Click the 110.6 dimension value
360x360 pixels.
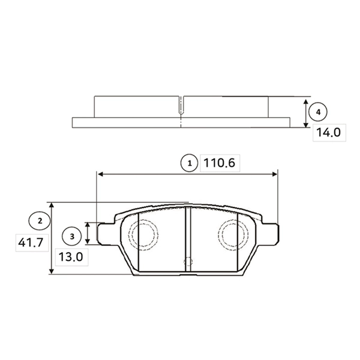point(219,163)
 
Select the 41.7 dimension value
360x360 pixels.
point(31,242)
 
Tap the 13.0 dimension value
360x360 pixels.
point(71,257)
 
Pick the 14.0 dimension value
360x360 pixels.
point(329,133)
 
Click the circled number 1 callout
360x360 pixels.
point(190,163)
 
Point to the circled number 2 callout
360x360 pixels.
point(40,221)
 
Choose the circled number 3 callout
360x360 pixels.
point(71,236)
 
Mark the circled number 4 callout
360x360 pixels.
point(318,112)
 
